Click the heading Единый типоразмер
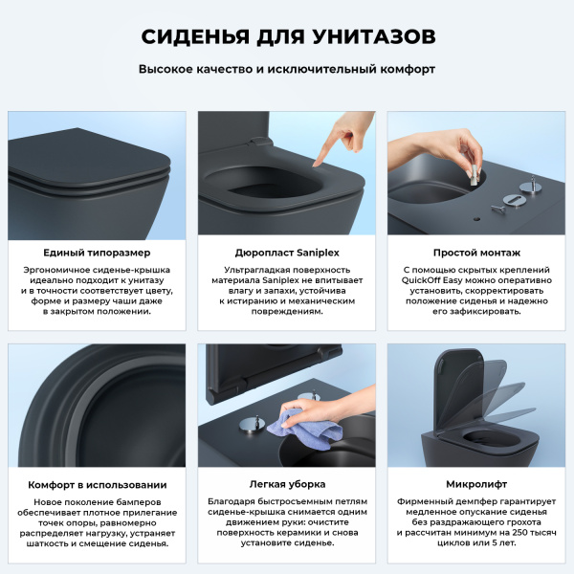[97, 253]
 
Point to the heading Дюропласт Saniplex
[286, 253]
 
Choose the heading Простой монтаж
[476, 253]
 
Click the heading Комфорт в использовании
[97, 484]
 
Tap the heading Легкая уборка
[286, 484]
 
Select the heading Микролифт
[476, 484]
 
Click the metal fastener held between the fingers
[472, 174]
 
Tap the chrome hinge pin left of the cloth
[253, 425]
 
